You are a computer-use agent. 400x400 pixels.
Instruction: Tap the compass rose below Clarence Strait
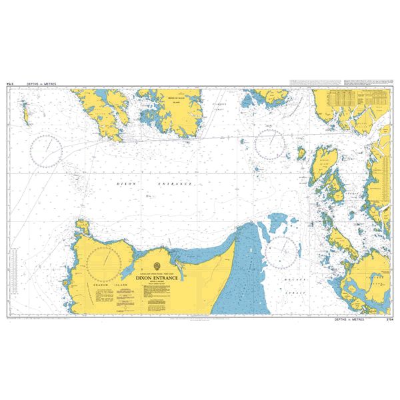pyautogui.click(x=269, y=143)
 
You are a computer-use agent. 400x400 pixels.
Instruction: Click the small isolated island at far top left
pyautogui.click(x=26, y=113)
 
